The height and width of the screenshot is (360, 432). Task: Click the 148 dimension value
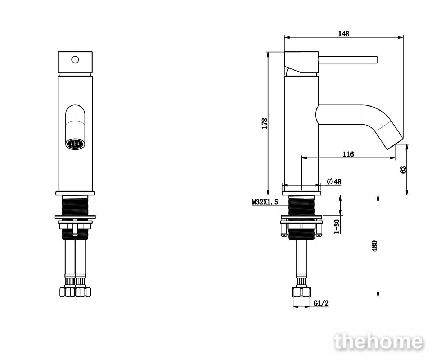click(x=344, y=34)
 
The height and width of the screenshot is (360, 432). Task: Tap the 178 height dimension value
click(x=265, y=123)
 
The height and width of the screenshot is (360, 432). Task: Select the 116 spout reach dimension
click(x=348, y=154)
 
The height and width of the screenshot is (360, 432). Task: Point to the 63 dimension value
click(x=403, y=170)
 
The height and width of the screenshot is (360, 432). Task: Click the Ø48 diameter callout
click(x=334, y=182)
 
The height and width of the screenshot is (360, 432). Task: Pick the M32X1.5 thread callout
click(x=265, y=202)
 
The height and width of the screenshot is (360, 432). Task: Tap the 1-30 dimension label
click(x=337, y=226)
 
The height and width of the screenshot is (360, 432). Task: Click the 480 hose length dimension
click(x=374, y=246)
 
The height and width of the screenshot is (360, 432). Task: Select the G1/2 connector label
click(x=321, y=303)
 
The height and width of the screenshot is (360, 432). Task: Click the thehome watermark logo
click(x=378, y=342)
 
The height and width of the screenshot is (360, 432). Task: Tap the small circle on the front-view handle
click(x=75, y=60)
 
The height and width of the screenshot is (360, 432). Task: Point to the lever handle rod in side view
click(x=348, y=60)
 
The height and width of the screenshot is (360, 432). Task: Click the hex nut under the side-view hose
click(x=301, y=292)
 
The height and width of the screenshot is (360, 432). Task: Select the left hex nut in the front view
click(x=67, y=292)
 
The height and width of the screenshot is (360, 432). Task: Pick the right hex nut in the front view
click(x=83, y=292)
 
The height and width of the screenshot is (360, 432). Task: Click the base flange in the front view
click(x=75, y=193)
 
